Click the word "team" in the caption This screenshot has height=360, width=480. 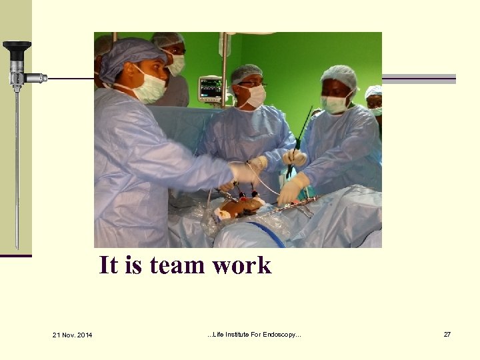(179, 265)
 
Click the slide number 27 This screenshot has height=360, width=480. (447, 334)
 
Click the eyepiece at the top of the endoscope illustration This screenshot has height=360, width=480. (16, 47)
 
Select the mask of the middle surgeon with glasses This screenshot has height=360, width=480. (255, 96)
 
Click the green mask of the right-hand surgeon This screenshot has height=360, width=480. (335, 104)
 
